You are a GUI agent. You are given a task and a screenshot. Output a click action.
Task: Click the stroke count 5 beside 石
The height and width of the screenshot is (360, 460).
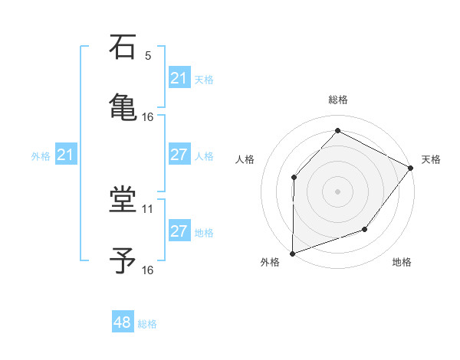(148, 56)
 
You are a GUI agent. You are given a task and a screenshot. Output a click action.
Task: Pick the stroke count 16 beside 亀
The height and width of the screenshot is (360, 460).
(148, 116)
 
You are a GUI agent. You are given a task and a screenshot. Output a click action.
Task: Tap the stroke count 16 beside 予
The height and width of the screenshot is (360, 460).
(148, 270)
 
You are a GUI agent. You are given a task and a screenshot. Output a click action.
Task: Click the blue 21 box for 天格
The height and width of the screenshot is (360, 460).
(179, 78)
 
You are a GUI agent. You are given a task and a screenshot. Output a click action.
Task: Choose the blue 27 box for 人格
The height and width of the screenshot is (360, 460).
(179, 155)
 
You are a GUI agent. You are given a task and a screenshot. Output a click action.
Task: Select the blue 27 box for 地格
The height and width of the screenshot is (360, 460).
(179, 231)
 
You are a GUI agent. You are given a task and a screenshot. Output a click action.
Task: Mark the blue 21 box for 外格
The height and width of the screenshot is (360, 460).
(66, 155)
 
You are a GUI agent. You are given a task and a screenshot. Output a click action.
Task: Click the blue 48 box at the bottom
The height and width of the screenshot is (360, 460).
(123, 322)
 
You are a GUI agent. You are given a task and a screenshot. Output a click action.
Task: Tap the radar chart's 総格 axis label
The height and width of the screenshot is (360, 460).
(338, 100)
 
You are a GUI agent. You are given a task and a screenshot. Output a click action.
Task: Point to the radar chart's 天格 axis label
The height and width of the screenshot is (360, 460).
(431, 159)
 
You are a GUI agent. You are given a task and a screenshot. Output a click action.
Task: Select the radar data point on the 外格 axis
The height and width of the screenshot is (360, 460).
(293, 252)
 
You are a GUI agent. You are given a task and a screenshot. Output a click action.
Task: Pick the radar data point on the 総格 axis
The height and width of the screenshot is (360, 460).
(337, 131)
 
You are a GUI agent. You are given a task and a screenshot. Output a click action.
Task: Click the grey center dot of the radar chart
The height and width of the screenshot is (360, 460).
(337, 191)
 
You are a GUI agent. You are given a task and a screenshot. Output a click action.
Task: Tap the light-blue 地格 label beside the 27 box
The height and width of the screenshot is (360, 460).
(204, 232)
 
